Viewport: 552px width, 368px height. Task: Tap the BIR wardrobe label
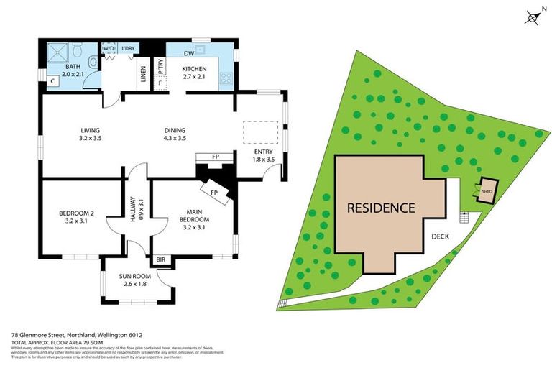pyautogui.click(x=161, y=259)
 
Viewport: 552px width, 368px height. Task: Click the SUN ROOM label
pyautogui.click(x=135, y=275)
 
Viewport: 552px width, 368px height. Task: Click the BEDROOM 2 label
pyautogui.click(x=77, y=213)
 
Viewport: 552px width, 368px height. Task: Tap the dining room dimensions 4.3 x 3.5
pyautogui.click(x=175, y=138)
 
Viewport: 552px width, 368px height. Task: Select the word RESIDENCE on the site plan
pyautogui.click(x=381, y=208)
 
